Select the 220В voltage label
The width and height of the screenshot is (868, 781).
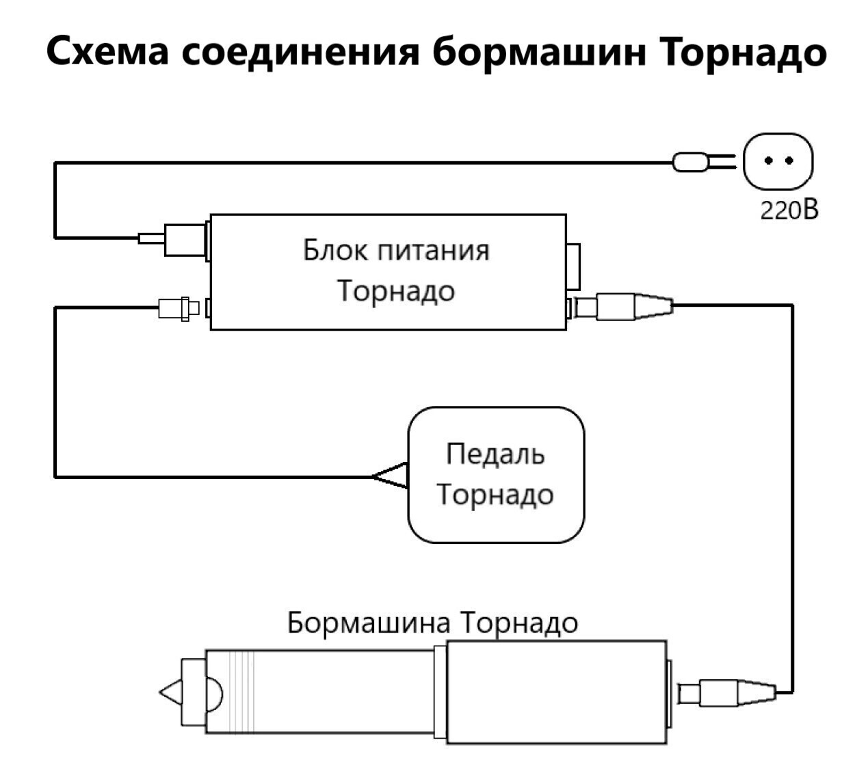pyautogui.click(x=789, y=210)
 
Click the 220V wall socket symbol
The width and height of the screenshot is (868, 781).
pyautogui.click(x=778, y=161)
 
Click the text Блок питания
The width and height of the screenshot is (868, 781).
pyautogui.click(x=396, y=250)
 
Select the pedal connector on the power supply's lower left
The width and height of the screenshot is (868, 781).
pyautogui.click(x=179, y=308)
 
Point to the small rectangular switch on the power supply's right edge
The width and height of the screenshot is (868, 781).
pyautogui.click(x=573, y=266)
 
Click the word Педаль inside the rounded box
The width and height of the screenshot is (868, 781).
pyautogui.click(x=495, y=453)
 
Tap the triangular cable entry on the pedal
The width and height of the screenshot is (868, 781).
pyautogui.click(x=391, y=476)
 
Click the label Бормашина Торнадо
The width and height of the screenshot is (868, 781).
pyautogui.click(x=432, y=622)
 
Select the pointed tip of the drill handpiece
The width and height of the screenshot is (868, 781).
pyautogui.click(x=169, y=693)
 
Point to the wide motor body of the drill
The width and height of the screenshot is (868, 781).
pyautogui.click(x=555, y=691)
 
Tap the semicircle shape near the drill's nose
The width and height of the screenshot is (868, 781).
pyautogui.click(x=213, y=693)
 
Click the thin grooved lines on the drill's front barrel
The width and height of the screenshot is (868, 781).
pyautogui.click(x=242, y=691)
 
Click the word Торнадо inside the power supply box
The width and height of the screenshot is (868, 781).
pyautogui.click(x=396, y=291)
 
